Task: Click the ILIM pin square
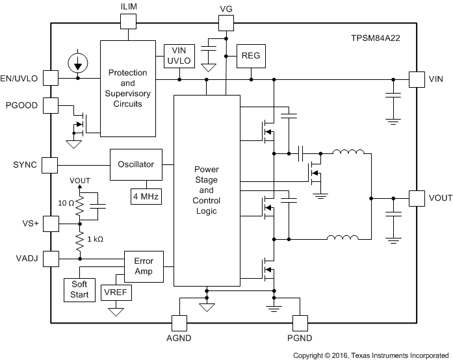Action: [x=129, y=21]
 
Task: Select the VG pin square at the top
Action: [x=226, y=23]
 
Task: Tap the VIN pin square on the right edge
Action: [x=416, y=79]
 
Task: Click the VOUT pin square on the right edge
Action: [x=416, y=198]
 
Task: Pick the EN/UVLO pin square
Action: [x=50, y=79]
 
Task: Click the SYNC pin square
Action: [x=50, y=165]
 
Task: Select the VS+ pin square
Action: [x=50, y=224]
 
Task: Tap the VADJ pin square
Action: [x=50, y=259]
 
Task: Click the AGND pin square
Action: [x=179, y=323]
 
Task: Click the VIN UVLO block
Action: [x=179, y=55]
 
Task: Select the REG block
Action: [x=251, y=55]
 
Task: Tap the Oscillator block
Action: [x=136, y=165]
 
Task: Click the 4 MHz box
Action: [x=146, y=196]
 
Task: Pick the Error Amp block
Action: [x=144, y=266]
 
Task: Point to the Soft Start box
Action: [x=79, y=290]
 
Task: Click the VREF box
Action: [x=116, y=292]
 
